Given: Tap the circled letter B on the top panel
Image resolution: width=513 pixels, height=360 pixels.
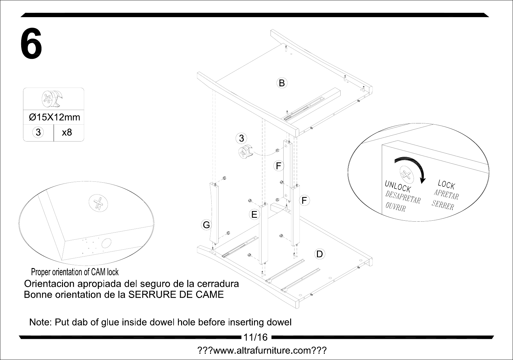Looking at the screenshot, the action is point(282,83).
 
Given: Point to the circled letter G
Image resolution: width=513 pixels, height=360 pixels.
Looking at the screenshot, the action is point(206,225).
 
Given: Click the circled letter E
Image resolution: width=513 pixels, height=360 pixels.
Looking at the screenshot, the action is point(254,214).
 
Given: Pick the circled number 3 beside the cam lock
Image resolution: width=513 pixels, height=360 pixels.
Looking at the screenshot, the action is point(242,138).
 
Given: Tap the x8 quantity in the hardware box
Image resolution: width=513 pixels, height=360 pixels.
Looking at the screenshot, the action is point(67,132).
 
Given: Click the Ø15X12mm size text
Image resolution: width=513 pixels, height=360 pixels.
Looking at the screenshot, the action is point(55,117).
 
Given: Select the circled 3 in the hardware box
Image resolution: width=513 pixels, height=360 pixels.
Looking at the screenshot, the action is point(38,132).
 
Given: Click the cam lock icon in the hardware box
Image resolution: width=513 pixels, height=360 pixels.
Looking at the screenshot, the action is point(52,99).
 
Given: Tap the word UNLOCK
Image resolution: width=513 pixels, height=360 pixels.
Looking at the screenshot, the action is point(398,186).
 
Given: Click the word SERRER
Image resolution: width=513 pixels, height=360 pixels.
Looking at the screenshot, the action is point(443,205).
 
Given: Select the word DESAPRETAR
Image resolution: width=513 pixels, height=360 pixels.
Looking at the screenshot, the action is point(403,197).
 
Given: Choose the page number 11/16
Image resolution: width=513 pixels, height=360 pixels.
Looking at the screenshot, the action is point(255,337).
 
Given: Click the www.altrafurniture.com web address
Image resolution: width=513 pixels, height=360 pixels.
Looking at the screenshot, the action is point(262,350).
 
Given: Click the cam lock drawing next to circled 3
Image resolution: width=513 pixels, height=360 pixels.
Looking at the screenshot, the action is point(246,151).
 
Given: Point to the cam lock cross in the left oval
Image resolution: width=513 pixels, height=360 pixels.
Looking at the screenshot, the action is point(98,203).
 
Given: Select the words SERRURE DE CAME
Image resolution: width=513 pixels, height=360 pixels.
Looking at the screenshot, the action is point(176,295).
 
